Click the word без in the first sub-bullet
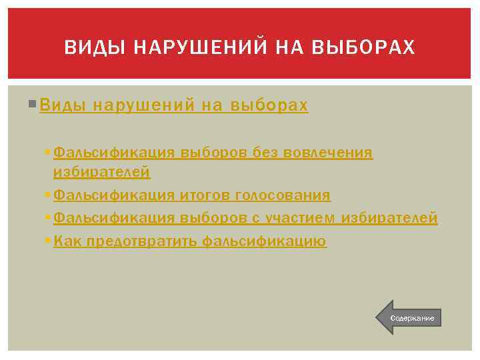(267, 153)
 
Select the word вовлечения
(329, 153)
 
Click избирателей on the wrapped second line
(101, 173)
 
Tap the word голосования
(283, 195)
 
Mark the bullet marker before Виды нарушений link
(34, 105)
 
